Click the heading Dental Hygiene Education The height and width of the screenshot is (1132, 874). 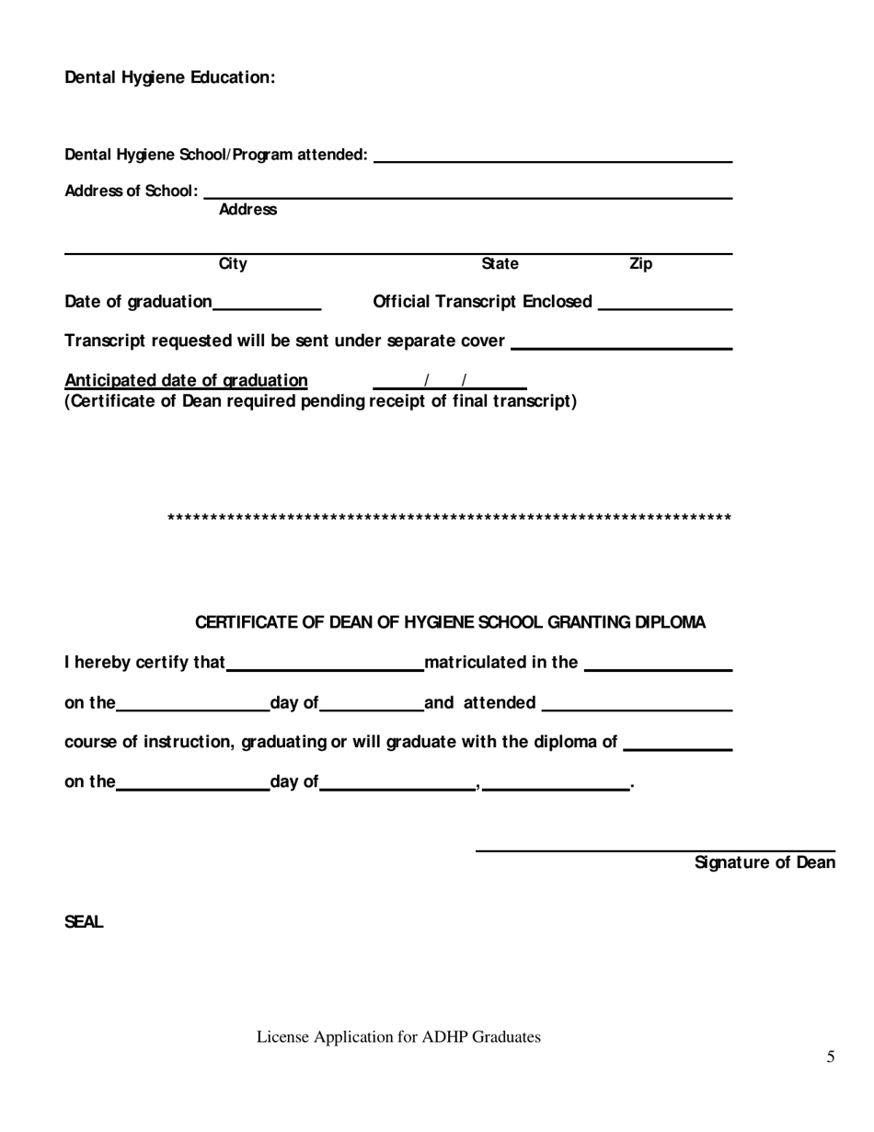(169, 78)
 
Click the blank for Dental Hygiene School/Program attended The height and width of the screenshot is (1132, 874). (552, 155)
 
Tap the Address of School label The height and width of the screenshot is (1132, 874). (131, 191)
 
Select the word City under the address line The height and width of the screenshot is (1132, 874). (232, 265)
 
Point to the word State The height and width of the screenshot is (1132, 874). (500, 265)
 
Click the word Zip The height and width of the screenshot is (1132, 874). (640, 265)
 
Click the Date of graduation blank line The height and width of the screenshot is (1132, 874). (267, 303)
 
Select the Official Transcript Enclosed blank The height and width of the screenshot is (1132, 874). (664, 303)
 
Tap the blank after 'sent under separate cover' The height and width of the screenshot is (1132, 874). (621, 342)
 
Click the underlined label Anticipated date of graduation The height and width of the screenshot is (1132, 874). (186, 381)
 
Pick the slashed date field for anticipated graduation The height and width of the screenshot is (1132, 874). (449, 381)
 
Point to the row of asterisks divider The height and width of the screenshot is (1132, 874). (449, 519)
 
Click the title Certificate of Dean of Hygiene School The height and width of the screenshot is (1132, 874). (450, 623)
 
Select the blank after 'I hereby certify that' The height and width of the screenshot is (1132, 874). (325, 664)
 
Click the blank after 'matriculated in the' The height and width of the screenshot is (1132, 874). (658, 664)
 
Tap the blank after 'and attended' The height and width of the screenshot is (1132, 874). (637, 704)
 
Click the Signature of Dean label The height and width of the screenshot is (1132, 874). (765, 863)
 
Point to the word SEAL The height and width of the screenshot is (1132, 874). (84, 922)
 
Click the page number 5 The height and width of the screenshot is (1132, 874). (831, 1057)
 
